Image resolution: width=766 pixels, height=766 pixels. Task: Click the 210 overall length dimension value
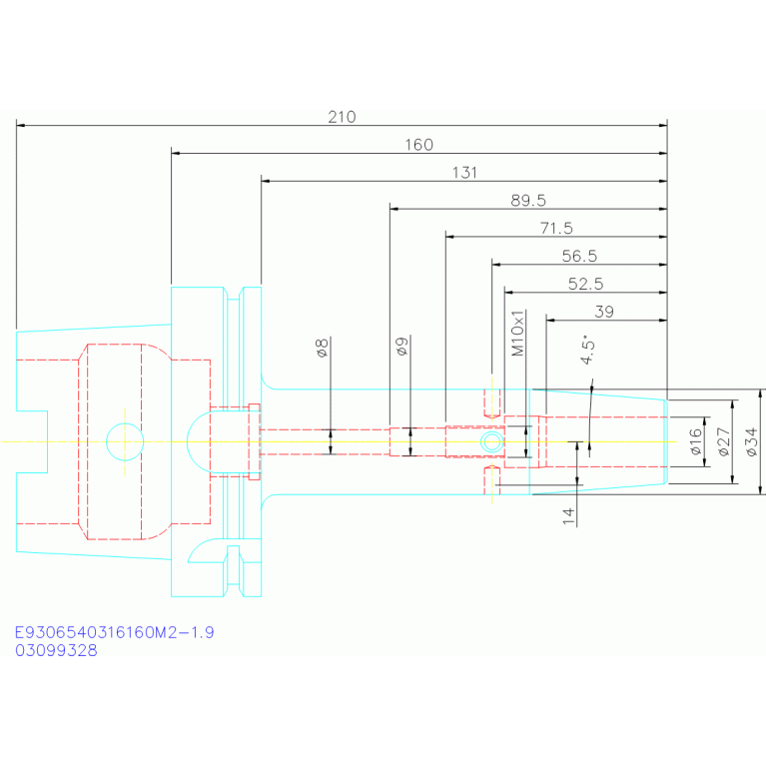(342, 117)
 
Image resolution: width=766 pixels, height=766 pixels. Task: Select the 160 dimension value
(418, 145)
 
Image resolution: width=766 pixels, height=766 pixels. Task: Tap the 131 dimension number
(464, 173)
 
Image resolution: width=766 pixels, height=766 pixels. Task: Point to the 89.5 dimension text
(528, 201)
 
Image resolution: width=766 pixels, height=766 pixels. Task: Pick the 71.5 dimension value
(556, 229)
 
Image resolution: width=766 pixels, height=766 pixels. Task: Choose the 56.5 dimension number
(579, 257)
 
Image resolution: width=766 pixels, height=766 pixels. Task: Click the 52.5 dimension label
(586, 285)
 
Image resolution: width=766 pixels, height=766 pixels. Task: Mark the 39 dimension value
(604, 312)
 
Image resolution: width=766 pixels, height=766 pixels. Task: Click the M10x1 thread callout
(517, 333)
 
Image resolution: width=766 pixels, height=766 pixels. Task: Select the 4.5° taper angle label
(587, 350)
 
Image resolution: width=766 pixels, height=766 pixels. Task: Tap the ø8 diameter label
(323, 348)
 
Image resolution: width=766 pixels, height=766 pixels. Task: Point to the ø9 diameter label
(402, 347)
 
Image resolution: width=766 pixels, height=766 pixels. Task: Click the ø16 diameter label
(696, 441)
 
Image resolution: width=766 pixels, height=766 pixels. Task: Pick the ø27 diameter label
(724, 441)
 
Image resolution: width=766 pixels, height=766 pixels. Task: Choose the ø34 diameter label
(752, 441)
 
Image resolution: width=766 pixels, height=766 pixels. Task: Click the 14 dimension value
(568, 516)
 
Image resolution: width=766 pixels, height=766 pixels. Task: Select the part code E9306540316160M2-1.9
(114, 632)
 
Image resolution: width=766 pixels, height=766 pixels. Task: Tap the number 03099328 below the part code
(56, 651)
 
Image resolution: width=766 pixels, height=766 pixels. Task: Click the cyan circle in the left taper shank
(125, 423)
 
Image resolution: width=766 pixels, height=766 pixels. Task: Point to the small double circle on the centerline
(491, 431)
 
